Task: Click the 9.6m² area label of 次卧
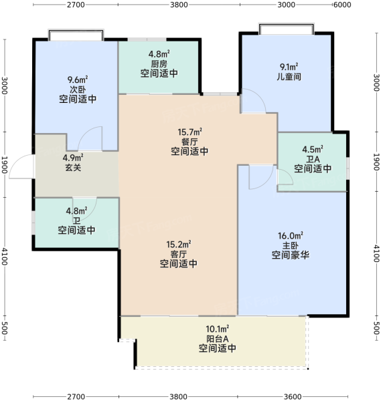(x=78, y=80)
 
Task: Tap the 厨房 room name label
(x=159, y=63)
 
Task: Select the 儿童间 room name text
(x=289, y=76)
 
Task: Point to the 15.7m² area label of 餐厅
(x=190, y=132)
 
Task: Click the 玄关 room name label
(x=73, y=167)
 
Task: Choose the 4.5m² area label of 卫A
(x=313, y=149)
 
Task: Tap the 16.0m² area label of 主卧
(x=291, y=235)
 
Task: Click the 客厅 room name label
(x=179, y=254)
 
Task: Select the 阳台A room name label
(x=217, y=339)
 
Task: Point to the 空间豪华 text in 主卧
(x=291, y=255)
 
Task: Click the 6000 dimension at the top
(x=342, y=5)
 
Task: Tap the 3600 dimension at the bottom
(x=293, y=396)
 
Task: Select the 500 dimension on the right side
(x=376, y=328)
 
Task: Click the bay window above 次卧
(x=76, y=35)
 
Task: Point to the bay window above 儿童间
(x=287, y=29)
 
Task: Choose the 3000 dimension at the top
(x=287, y=5)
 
